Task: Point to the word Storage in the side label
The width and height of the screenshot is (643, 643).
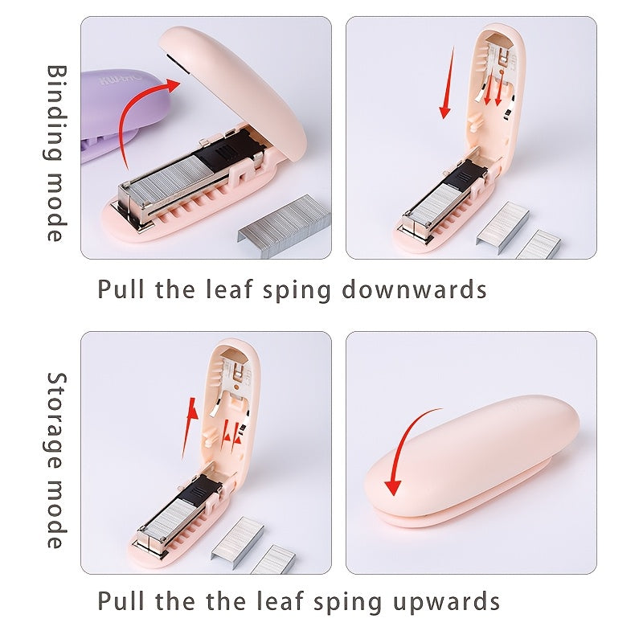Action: coord(55,421)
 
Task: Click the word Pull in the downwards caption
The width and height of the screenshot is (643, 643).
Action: coord(121,289)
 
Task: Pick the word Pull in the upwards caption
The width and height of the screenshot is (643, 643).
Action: coord(121,600)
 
